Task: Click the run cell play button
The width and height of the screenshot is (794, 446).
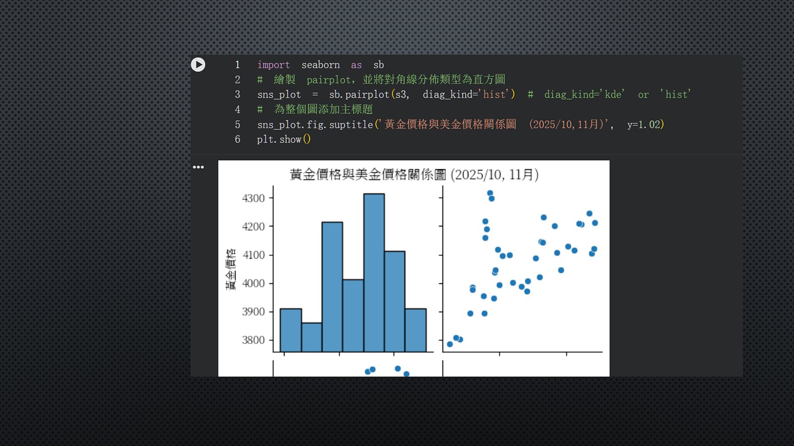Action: point(198,64)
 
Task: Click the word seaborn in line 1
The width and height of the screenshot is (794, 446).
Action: point(321,65)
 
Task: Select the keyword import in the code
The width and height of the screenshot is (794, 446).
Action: point(273,65)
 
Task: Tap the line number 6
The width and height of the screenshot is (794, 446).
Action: point(238,139)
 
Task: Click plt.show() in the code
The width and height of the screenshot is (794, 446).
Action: point(284,139)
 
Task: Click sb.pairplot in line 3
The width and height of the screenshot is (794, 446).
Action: point(359,95)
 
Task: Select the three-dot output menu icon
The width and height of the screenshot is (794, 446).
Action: point(198,167)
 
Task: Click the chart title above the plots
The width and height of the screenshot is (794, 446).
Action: point(414,174)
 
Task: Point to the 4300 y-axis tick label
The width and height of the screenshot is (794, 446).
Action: point(254,198)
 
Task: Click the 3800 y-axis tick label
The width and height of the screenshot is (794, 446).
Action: point(254,340)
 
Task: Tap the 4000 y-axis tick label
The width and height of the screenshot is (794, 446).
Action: point(254,283)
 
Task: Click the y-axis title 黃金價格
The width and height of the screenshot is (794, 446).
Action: point(231,270)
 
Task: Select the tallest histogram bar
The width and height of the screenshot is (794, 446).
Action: point(374,273)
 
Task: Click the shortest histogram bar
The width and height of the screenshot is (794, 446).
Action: point(312,337)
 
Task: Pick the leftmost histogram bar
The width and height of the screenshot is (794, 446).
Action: point(291,330)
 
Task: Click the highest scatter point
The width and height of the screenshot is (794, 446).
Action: point(490,193)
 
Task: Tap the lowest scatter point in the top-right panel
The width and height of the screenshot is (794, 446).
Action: point(450,344)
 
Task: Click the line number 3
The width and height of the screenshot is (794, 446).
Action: point(238,95)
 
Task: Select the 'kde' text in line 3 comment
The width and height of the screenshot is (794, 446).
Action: point(614,95)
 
